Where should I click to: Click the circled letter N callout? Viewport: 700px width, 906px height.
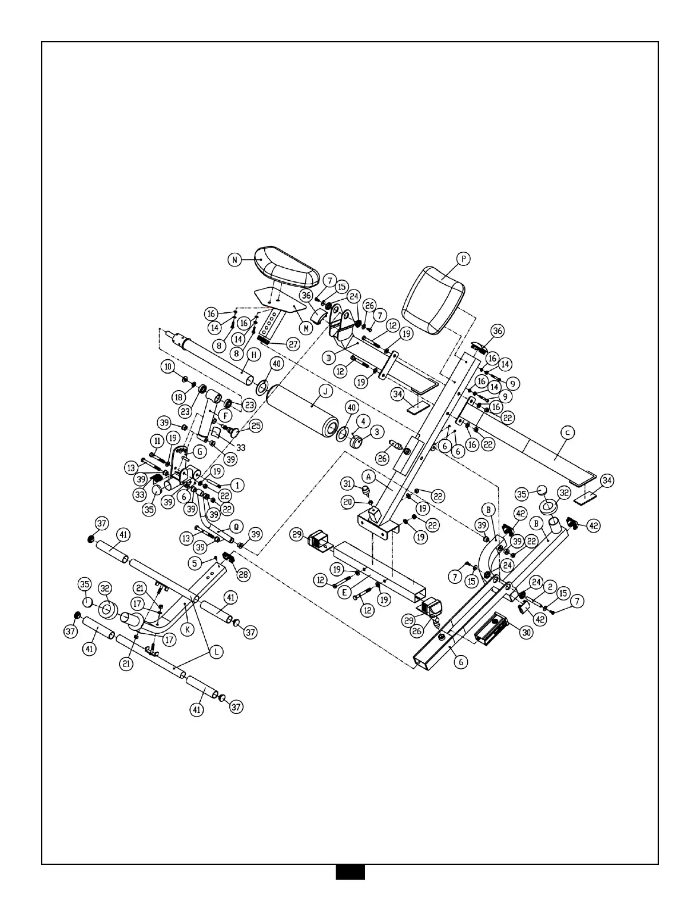coord(234,260)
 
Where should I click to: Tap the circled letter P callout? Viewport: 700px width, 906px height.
coord(463,259)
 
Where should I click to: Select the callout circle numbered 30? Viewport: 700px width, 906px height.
coord(527,633)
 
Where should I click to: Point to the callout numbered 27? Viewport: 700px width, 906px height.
coord(293,344)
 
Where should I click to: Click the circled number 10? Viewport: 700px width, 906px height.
coord(168,367)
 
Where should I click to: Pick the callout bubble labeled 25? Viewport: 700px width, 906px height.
coord(256,426)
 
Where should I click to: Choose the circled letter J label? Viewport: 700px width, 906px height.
coord(325,391)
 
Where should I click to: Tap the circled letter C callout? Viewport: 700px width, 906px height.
coord(567,433)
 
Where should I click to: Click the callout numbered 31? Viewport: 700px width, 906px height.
coord(347,484)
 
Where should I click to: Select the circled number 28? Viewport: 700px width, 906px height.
coord(244,574)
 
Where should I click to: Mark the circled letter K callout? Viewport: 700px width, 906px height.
coord(188,630)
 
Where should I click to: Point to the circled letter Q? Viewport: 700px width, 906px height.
coord(236,527)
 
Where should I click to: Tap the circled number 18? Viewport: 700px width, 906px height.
coord(179,398)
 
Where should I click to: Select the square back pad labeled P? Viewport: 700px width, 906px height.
coord(433,301)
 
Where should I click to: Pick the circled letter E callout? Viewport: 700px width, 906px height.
coord(344,593)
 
